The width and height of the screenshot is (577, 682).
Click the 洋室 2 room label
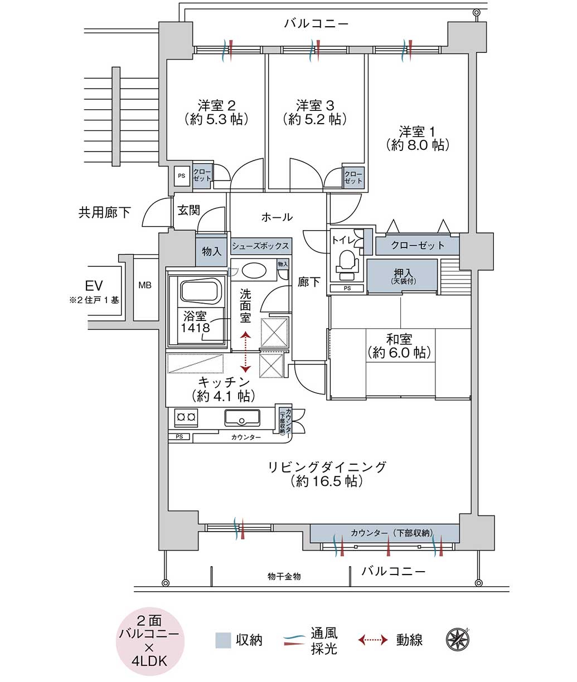click(x=216, y=105)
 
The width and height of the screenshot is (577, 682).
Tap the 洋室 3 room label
click(x=315, y=105)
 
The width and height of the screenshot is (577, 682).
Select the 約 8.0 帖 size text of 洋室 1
click(x=418, y=145)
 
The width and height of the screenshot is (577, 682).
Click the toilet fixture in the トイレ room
click(x=347, y=261)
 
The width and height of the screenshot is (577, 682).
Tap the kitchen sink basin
click(x=242, y=418)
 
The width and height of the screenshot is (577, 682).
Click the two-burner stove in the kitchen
click(x=186, y=417)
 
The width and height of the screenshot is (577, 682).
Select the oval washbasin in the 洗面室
click(x=254, y=271)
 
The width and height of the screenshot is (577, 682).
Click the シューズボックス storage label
click(x=260, y=246)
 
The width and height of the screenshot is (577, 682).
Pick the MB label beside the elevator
click(x=145, y=285)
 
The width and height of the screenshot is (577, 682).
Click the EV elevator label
click(x=94, y=286)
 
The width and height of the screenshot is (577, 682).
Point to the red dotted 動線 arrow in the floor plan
click(x=245, y=352)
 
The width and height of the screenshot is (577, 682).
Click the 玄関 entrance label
click(x=189, y=210)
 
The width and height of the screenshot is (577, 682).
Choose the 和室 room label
click(x=399, y=339)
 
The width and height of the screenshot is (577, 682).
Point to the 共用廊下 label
click(x=105, y=212)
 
